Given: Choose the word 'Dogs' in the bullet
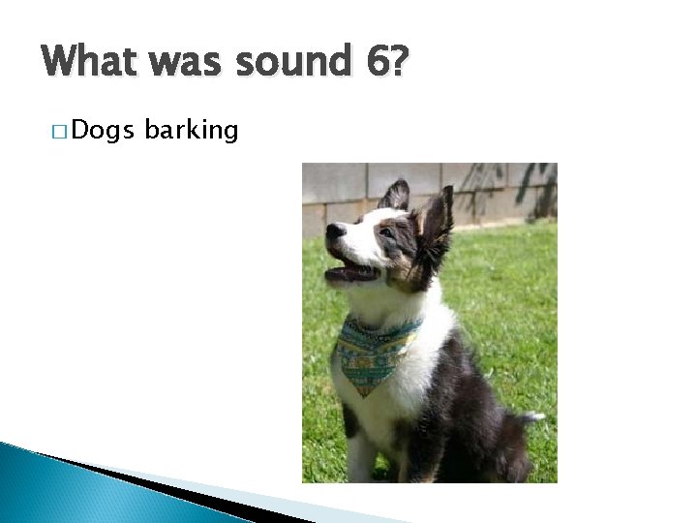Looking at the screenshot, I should pos(103,130).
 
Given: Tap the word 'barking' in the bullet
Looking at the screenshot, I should pos(191,131).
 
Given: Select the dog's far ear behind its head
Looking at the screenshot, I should pos(396,194).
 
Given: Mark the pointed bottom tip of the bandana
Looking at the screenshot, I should pos(363,391).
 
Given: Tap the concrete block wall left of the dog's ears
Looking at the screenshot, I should pos(339,189).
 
